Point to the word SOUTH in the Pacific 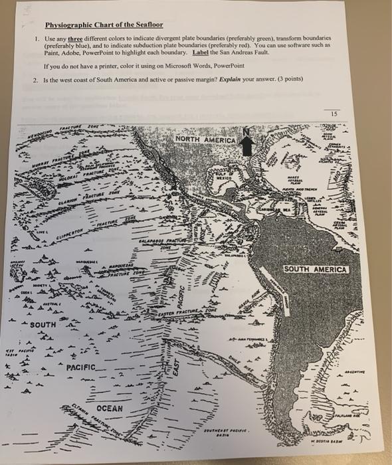click(x=43, y=325)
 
